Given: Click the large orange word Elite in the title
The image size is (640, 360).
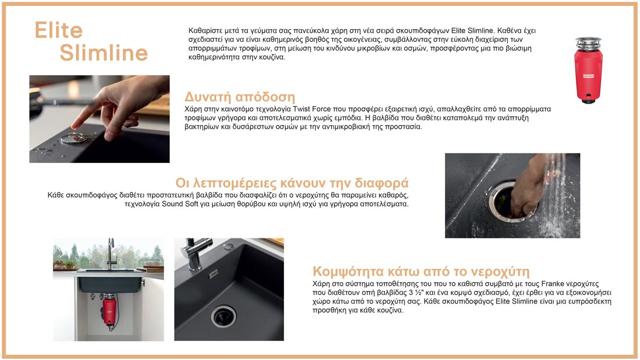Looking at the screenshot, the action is (x=58, y=30).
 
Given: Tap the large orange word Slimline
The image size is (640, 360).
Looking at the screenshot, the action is (x=104, y=53).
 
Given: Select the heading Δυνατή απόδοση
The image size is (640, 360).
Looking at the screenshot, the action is (x=240, y=97).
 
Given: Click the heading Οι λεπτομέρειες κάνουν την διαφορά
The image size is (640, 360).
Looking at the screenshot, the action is (x=292, y=183).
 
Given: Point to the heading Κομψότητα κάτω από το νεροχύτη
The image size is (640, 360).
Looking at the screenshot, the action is (x=421, y=272).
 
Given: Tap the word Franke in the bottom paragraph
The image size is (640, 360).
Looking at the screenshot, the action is (x=553, y=284).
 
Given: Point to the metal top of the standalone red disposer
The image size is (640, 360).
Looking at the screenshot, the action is (x=588, y=43).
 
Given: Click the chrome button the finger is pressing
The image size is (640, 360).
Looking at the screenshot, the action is (x=74, y=138).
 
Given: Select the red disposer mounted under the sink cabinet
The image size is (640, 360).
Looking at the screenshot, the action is (x=109, y=310).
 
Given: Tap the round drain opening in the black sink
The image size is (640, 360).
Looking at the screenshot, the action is (x=223, y=316).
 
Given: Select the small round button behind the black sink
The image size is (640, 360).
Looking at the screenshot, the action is (x=229, y=246).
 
